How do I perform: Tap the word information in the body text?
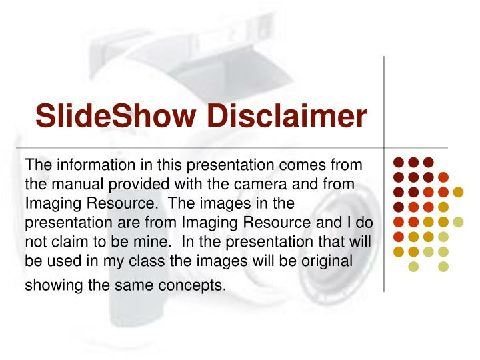click(x=89, y=163)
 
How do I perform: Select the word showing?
click(x=55, y=286)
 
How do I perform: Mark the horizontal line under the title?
click(x=200, y=147)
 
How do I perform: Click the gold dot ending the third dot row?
click(x=458, y=192)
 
